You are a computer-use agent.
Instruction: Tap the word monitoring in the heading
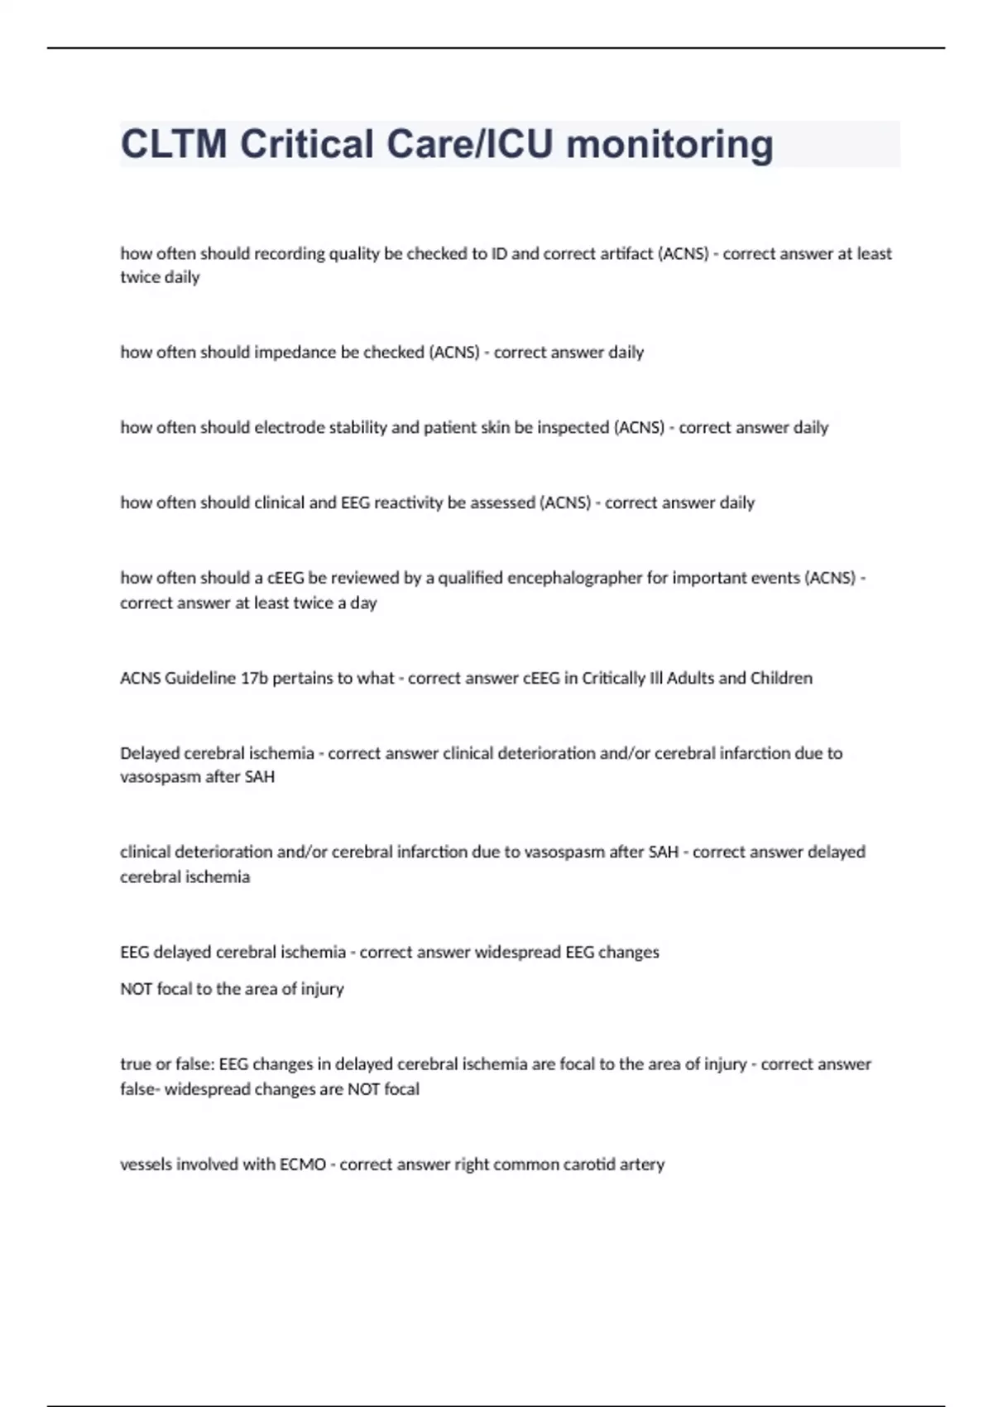coord(670,144)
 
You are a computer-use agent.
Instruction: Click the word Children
coord(781,679)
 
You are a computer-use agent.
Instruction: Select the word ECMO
coord(303,1164)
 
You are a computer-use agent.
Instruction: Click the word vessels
coord(145,1164)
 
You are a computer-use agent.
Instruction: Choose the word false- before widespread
coord(139,1089)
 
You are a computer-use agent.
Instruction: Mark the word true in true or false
coord(135,1064)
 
